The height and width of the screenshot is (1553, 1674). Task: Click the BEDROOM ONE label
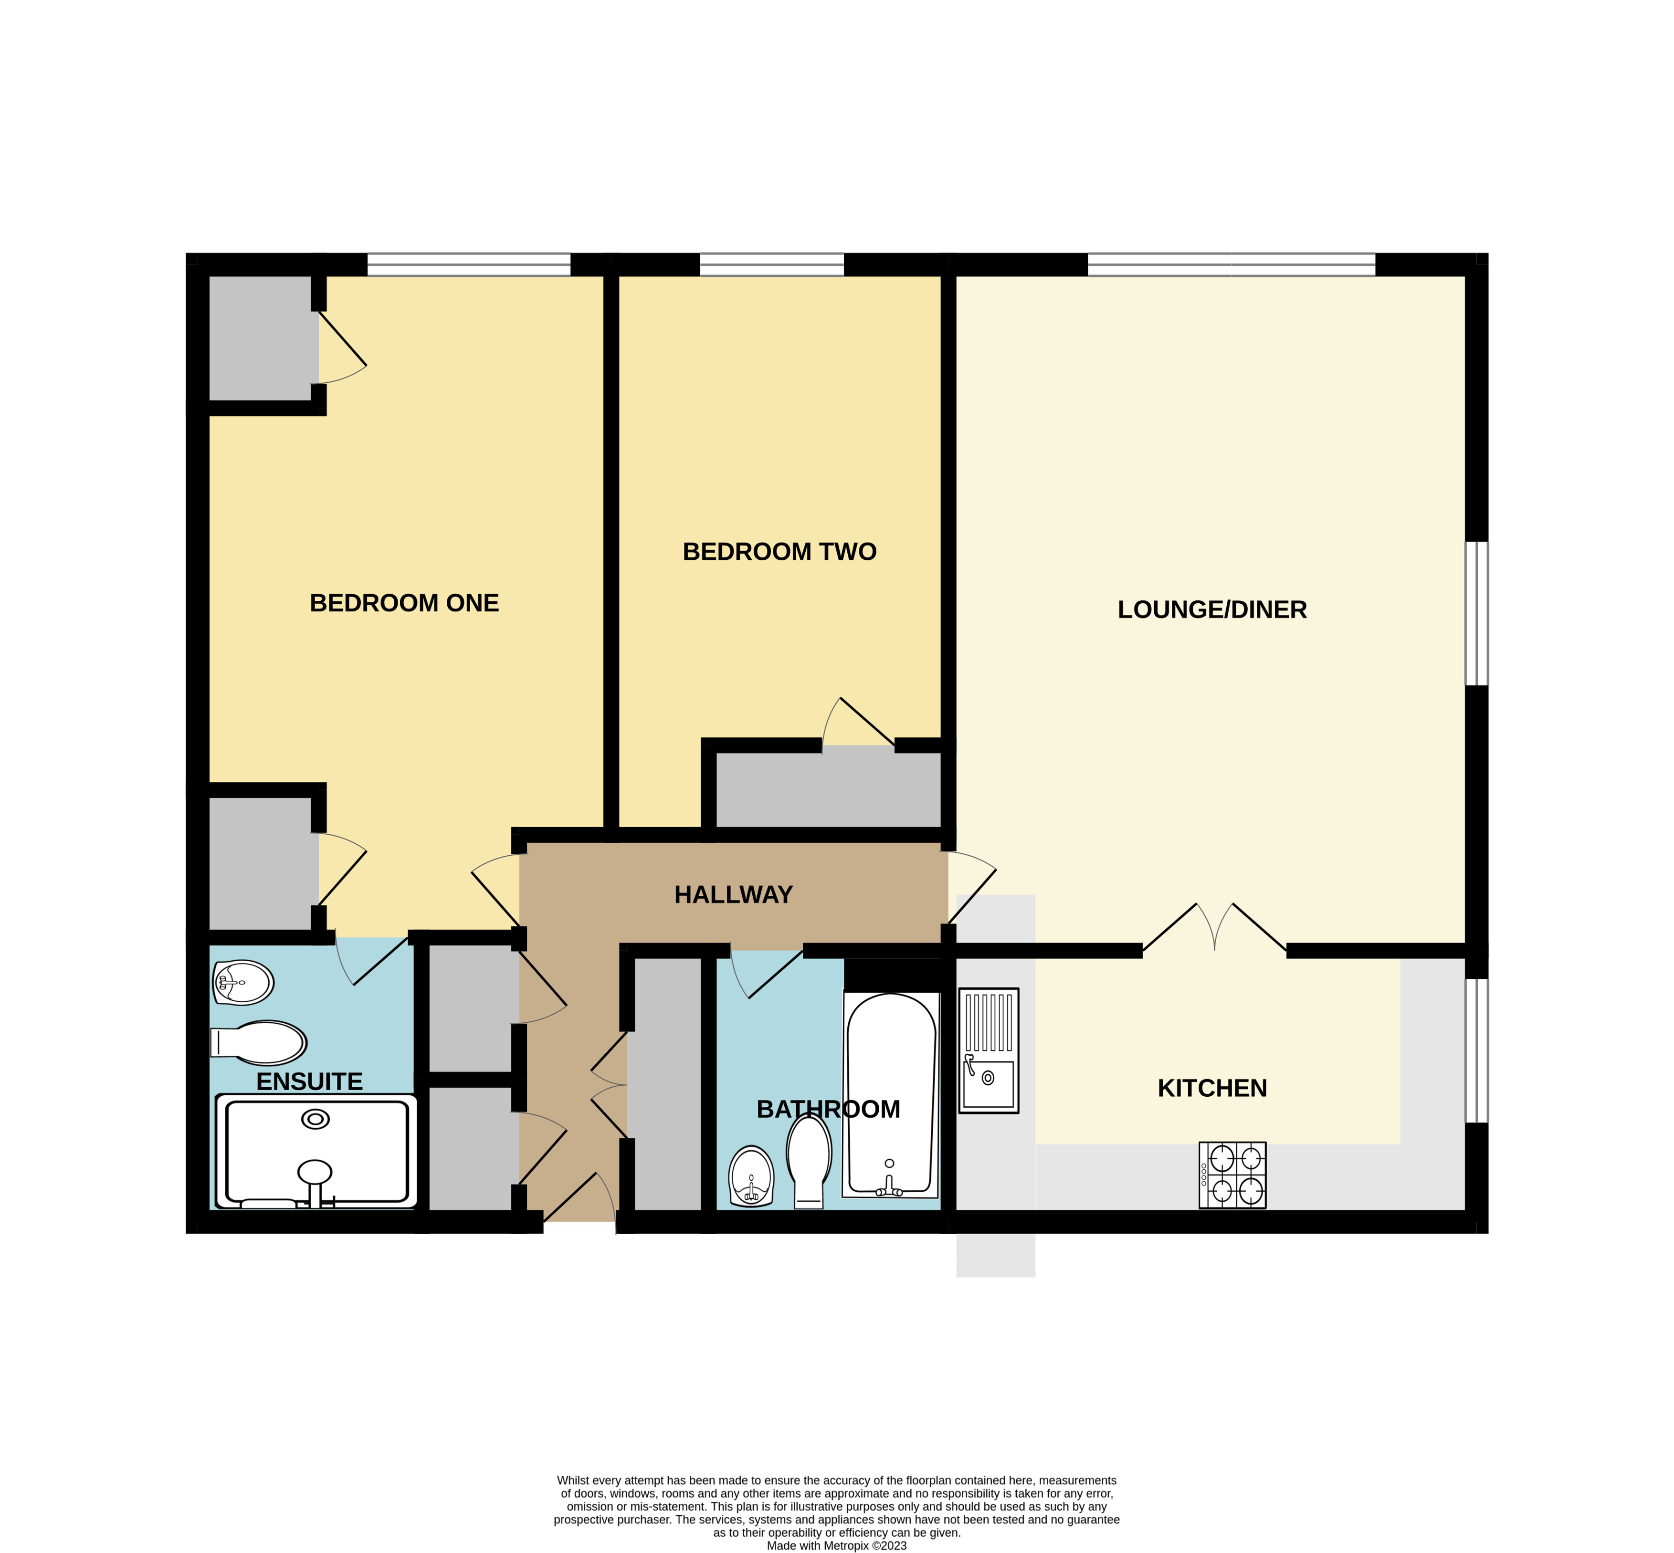click(404, 603)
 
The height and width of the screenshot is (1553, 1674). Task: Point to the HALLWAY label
click(733, 894)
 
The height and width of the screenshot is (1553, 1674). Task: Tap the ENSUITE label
click(309, 1081)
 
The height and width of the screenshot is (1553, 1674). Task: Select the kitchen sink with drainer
click(988, 1050)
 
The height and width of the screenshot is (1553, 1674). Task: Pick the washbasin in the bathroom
click(750, 1175)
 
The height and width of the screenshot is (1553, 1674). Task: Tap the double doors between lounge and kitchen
click(1214, 929)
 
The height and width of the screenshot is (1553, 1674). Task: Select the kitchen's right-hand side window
click(1476, 1050)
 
